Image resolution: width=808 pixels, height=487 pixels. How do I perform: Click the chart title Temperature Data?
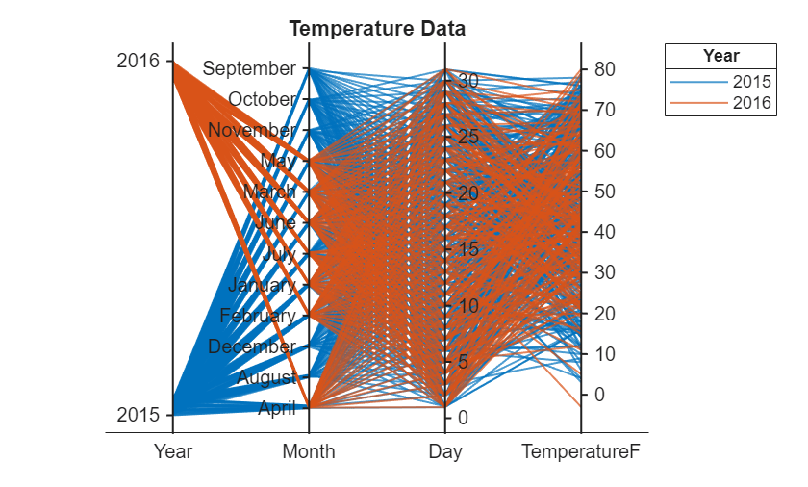tap(377, 29)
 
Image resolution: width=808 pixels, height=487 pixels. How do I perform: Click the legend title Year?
tap(720, 56)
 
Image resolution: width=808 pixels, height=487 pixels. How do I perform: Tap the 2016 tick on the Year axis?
tap(138, 61)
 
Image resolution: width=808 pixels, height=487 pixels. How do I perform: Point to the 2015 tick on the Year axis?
tap(138, 415)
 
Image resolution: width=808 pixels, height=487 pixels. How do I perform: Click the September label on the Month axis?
tap(250, 68)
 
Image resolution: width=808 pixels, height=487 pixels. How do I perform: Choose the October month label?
tap(263, 99)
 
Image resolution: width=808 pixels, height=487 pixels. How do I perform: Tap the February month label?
tap(258, 316)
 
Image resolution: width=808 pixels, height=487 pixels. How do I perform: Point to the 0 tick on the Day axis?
tap(463, 418)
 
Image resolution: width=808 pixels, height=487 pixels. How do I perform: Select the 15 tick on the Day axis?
tap(467, 249)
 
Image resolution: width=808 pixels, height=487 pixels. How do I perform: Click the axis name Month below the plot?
tap(309, 451)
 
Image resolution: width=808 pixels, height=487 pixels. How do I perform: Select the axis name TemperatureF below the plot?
tap(580, 451)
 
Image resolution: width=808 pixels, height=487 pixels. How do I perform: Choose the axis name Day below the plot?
tap(445, 451)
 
